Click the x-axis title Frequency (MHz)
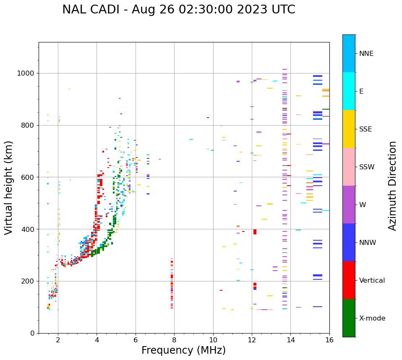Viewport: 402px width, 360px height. coord(183,350)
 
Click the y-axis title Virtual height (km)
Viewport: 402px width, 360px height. coord(9,188)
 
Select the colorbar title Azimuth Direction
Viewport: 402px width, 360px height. coord(392,186)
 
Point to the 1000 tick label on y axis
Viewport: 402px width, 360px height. coord(26,74)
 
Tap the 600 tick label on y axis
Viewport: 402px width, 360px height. coord(29,177)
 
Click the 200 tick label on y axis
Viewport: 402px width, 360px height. coord(29,281)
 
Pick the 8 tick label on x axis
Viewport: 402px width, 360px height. coord(174,340)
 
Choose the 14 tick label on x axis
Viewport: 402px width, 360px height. coord(290,340)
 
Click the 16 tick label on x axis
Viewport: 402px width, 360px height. coord(329,340)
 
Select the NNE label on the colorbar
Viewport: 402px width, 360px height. coord(366,54)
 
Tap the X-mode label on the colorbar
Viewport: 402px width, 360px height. coord(372,318)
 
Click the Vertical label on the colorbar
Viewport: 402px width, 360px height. coord(372,281)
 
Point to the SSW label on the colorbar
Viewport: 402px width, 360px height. coord(367,167)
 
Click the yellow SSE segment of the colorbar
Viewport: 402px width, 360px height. coord(349,129)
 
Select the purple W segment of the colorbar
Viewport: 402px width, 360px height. coord(349,205)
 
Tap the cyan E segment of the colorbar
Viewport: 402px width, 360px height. coord(349,91)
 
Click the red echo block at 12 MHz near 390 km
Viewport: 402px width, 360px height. coord(255,232)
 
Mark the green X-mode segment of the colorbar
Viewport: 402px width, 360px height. coord(349,318)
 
